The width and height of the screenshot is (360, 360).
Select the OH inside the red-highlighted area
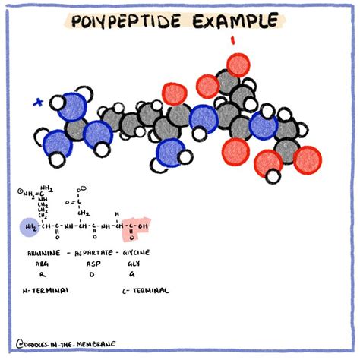click(x=145, y=226)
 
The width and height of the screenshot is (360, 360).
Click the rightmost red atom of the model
click(x=306, y=160)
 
